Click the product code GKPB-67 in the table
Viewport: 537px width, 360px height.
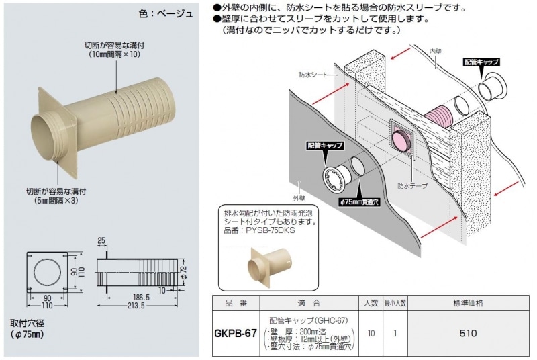click(x=236, y=332)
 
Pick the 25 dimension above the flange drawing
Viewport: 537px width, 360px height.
click(x=101, y=240)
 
